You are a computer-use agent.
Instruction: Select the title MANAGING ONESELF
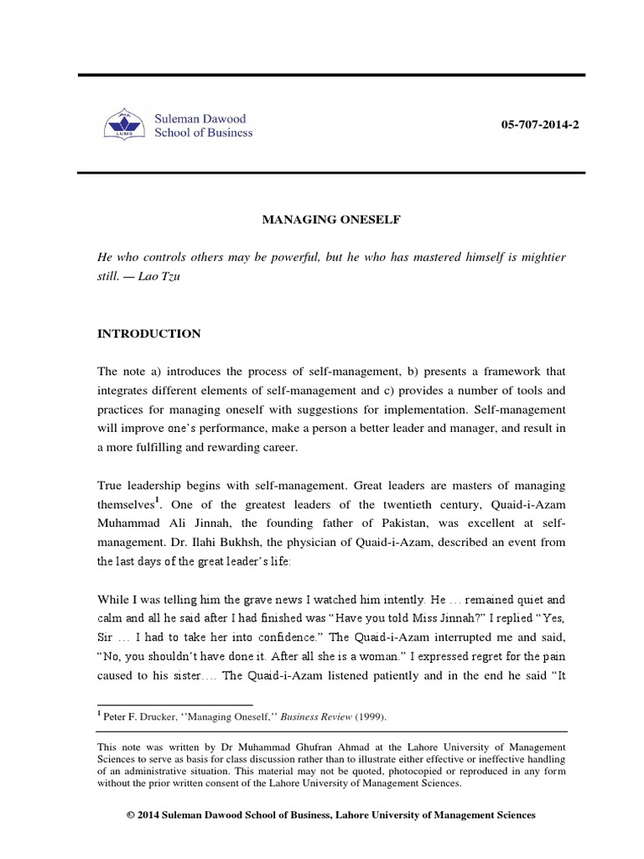(321, 220)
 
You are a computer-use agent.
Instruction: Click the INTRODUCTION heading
(148, 333)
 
